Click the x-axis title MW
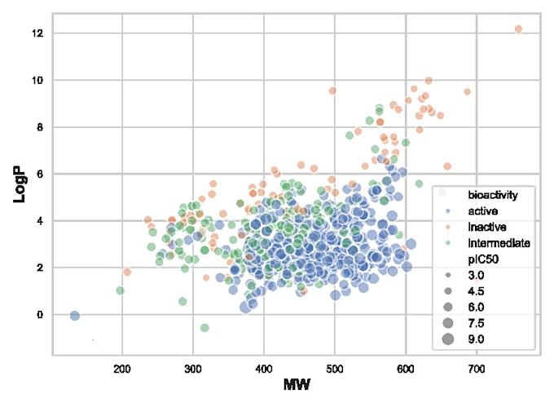(x=297, y=383)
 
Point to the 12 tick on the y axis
(x=38, y=33)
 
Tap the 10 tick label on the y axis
(x=38, y=80)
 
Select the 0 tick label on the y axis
(x=42, y=315)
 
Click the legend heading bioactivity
(x=493, y=196)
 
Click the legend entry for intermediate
(x=499, y=243)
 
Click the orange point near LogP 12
(x=518, y=29)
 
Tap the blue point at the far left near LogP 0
(x=74, y=316)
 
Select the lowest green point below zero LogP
(x=204, y=328)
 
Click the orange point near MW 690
(x=468, y=92)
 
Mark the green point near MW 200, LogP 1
(x=121, y=290)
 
